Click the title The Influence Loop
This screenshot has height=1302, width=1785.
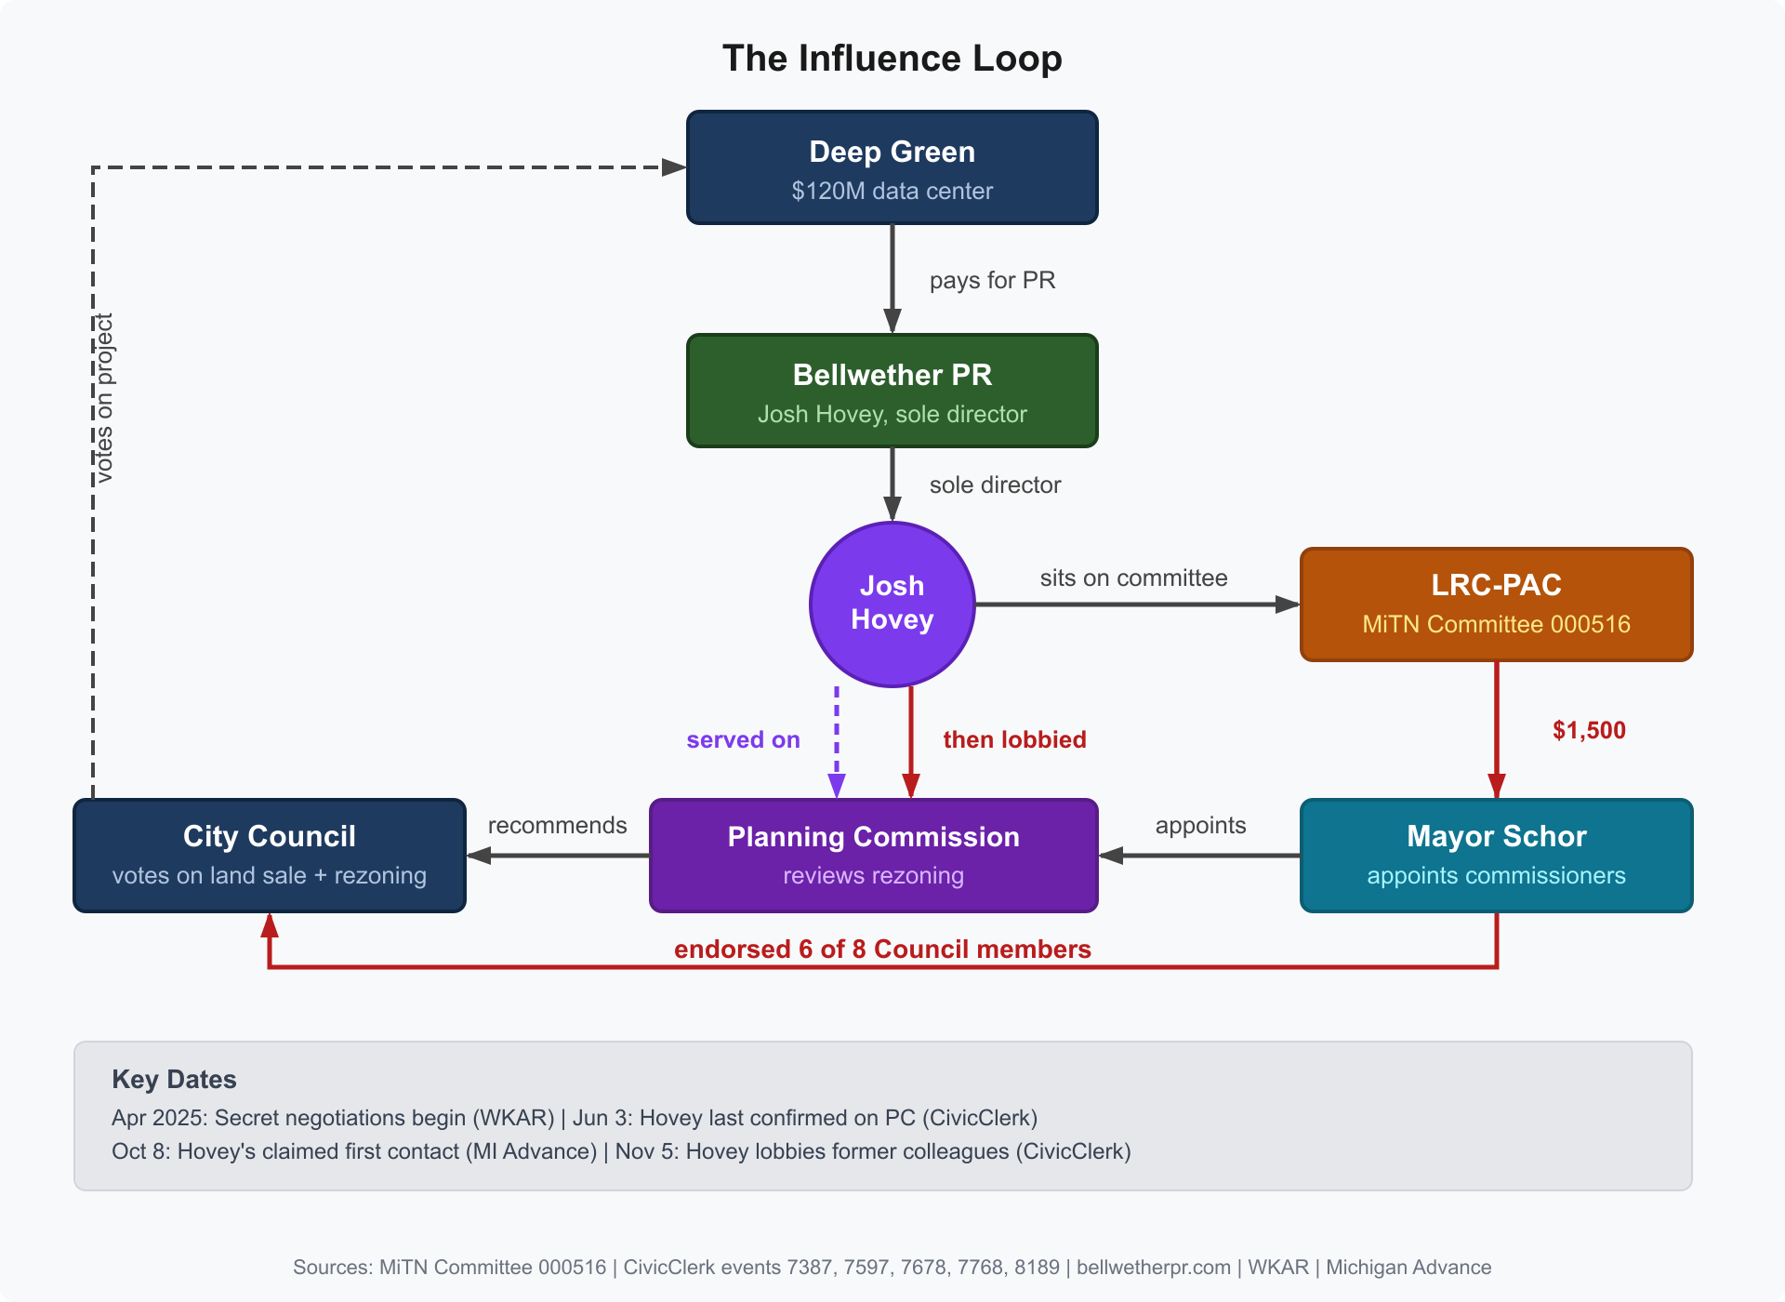[x=892, y=58]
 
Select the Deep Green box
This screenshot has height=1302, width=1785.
[x=892, y=168]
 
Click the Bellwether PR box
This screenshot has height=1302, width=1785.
[x=892, y=392]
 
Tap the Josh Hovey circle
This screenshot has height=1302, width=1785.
[x=892, y=604]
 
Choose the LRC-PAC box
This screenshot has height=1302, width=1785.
[x=1496, y=604]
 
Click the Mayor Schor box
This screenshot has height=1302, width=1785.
[x=1496, y=856]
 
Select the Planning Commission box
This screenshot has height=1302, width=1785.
[x=873, y=856]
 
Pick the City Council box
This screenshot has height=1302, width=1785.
[x=270, y=856]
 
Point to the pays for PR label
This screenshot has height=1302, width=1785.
[x=992, y=280]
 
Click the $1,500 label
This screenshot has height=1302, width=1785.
[x=1589, y=730]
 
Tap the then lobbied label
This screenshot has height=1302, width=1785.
[x=1014, y=739]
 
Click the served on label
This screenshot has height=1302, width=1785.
[x=743, y=739]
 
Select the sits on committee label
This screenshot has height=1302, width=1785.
[x=1133, y=578]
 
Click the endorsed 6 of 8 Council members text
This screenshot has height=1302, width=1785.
[x=882, y=949]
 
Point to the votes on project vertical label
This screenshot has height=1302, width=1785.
[x=104, y=398]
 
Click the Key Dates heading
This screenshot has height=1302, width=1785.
[x=174, y=1079]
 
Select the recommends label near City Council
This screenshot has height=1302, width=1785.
[x=557, y=825]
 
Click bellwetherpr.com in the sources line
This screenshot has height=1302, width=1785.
[x=1153, y=1267]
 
